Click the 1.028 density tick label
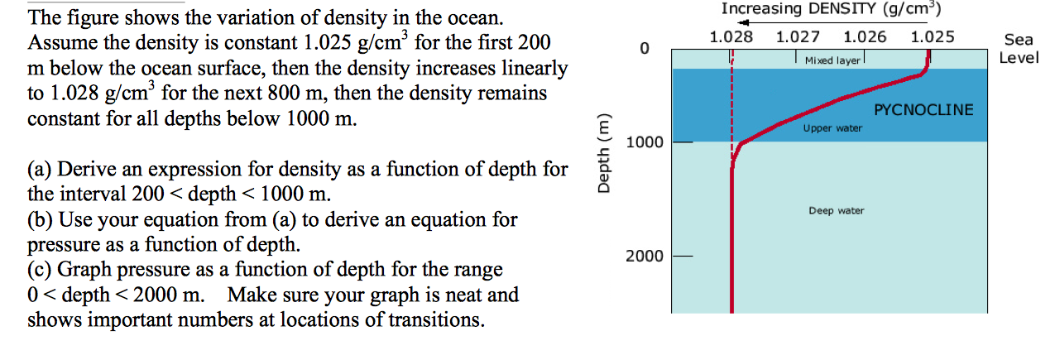click(731, 37)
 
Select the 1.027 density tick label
click(798, 37)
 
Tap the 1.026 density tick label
click(865, 37)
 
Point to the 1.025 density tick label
click(932, 37)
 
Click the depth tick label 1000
click(644, 142)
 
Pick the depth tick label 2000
click(644, 256)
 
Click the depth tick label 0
click(644, 50)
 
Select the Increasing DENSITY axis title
click(831, 9)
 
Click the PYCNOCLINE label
click(923, 110)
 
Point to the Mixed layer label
click(832, 61)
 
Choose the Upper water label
click(832, 128)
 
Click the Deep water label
click(836, 211)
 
